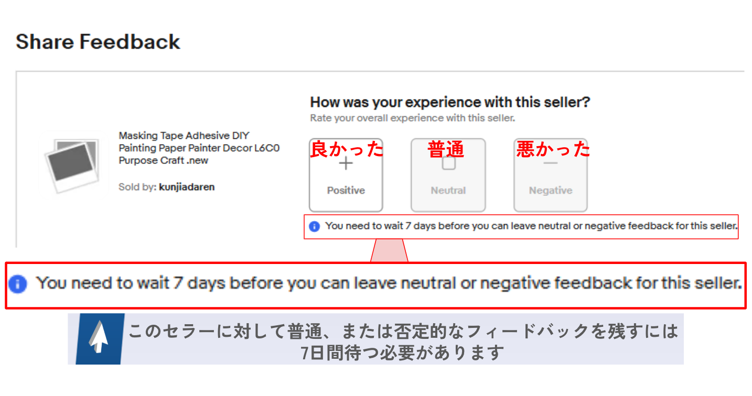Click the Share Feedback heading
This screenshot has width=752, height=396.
click(x=98, y=42)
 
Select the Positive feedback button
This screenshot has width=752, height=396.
click(x=346, y=175)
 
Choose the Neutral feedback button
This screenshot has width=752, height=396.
click(x=448, y=175)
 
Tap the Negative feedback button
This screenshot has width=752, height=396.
click(x=551, y=175)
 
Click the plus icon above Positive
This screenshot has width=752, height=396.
click(x=346, y=163)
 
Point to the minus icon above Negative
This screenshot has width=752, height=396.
click(x=551, y=163)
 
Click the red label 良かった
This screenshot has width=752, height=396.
click(x=347, y=149)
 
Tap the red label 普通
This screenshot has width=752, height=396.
click(x=446, y=149)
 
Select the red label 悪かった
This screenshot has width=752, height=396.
click(x=553, y=149)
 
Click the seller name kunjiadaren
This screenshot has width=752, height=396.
click(x=187, y=187)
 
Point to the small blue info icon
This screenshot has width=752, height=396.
click(x=314, y=227)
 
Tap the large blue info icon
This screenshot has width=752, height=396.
click(x=18, y=284)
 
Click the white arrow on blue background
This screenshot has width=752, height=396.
click(x=99, y=337)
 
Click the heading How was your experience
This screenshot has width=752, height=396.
click(x=450, y=102)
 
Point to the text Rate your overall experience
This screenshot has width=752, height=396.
click(x=412, y=118)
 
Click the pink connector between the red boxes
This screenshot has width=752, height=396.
click(x=390, y=250)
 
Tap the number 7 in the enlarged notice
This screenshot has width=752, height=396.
click(x=178, y=283)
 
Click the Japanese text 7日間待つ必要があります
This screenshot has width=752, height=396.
click(x=402, y=353)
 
